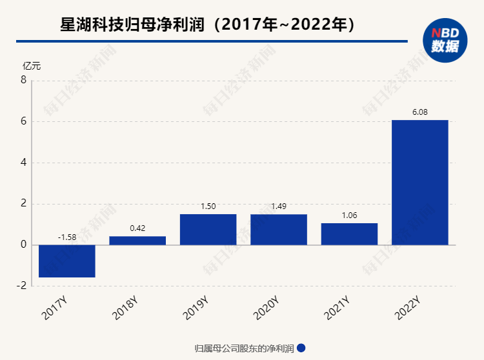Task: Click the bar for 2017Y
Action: click(x=67, y=261)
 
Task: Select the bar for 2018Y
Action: click(x=137, y=241)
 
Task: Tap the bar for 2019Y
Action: click(x=208, y=230)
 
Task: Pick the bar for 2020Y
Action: click(x=279, y=230)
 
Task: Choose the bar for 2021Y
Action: click(x=349, y=234)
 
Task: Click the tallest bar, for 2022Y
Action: click(x=419, y=183)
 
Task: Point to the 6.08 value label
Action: click(x=419, y=112)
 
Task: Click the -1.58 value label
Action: click(x=67, y=237)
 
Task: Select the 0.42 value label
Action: click(x=137, y=228)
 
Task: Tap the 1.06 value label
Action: click(x=349, y=215)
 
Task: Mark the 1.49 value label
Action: click(x=279, y=206)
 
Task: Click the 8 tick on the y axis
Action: click(x=23, y=81)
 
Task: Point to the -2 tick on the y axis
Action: click(x=21, y=286)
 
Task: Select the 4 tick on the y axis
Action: click(x=23, y=163)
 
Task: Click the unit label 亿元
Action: click(x=32, y=66)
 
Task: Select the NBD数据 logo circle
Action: click(x=445, y=40)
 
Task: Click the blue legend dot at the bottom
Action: click(x=301, y=348)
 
